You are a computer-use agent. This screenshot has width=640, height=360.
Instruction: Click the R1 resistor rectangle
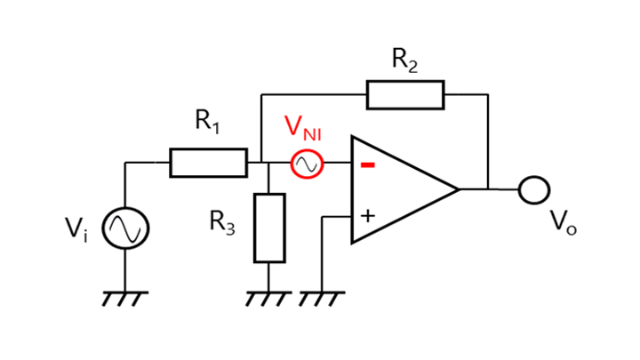(x=208, y=164)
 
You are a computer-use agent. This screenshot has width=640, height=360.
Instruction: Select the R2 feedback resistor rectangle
(x=404, y=93)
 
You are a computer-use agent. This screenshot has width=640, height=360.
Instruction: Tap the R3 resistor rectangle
(x=269, y=227)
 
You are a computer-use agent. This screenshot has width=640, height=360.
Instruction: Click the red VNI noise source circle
(x=307, y=164)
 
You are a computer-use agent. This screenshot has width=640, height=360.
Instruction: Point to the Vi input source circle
(x=125, y=228)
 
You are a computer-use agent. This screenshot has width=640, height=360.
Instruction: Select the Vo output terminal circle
(x=534, y=189)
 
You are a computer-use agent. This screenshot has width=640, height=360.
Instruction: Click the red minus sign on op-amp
(x=367, y=165)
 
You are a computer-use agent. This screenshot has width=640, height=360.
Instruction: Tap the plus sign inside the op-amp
(x=366, y=215)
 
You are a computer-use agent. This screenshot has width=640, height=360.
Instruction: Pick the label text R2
(x=404, y=60)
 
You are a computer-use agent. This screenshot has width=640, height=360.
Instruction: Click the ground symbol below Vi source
(x=125, y=297)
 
